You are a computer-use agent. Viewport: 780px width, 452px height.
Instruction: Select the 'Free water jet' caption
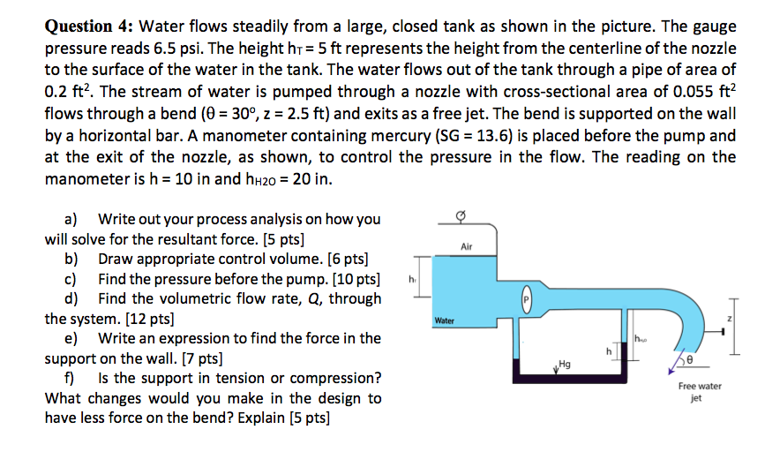[700, 392]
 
